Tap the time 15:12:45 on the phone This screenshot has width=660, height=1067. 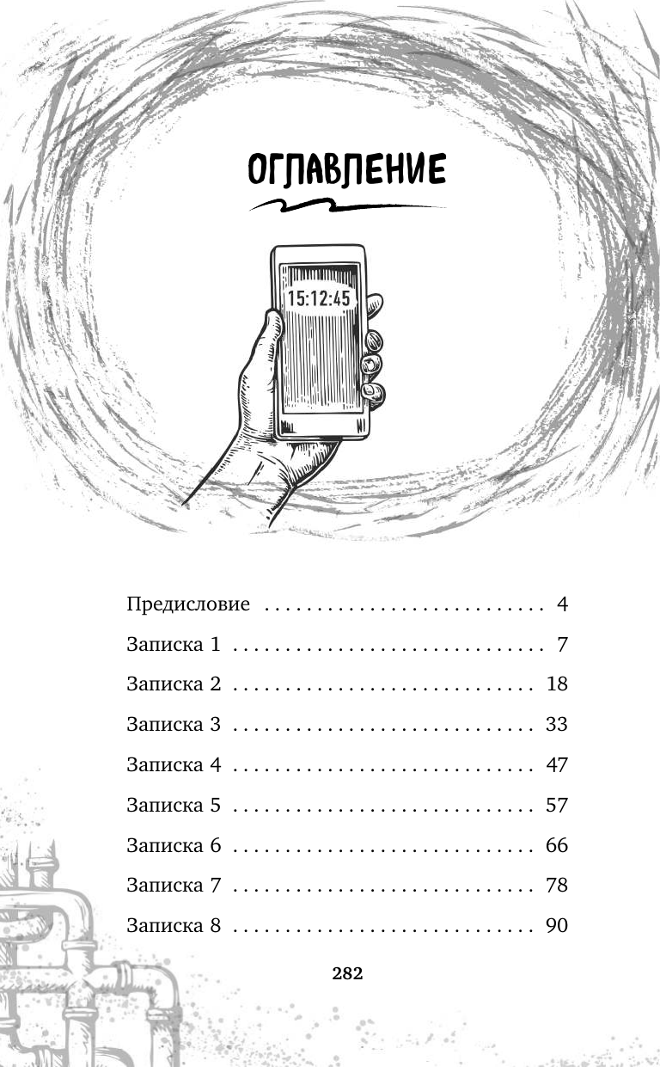point(319,298)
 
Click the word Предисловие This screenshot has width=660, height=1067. point(188,604)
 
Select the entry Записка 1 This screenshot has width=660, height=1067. point(174,644)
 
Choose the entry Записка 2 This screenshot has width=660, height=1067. point(174,684)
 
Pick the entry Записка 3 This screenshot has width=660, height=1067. point(174,725)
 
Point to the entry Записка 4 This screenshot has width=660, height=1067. point(174,765)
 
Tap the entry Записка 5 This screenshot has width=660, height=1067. point(174,806)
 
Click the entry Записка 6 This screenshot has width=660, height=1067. point(174,845)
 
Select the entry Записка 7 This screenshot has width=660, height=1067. point(174,886)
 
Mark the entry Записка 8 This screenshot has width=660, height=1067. point(174,926)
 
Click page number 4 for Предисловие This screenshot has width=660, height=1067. point(562,604)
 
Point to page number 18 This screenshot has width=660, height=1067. point(557,684)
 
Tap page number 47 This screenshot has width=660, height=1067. point(557,765)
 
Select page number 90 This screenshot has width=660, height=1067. point(557,926)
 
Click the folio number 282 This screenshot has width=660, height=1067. point(347,974)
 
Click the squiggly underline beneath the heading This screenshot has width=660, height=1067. point(347,206)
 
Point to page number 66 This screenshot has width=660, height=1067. point(557,845)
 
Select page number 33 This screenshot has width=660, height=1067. point(557,725)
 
